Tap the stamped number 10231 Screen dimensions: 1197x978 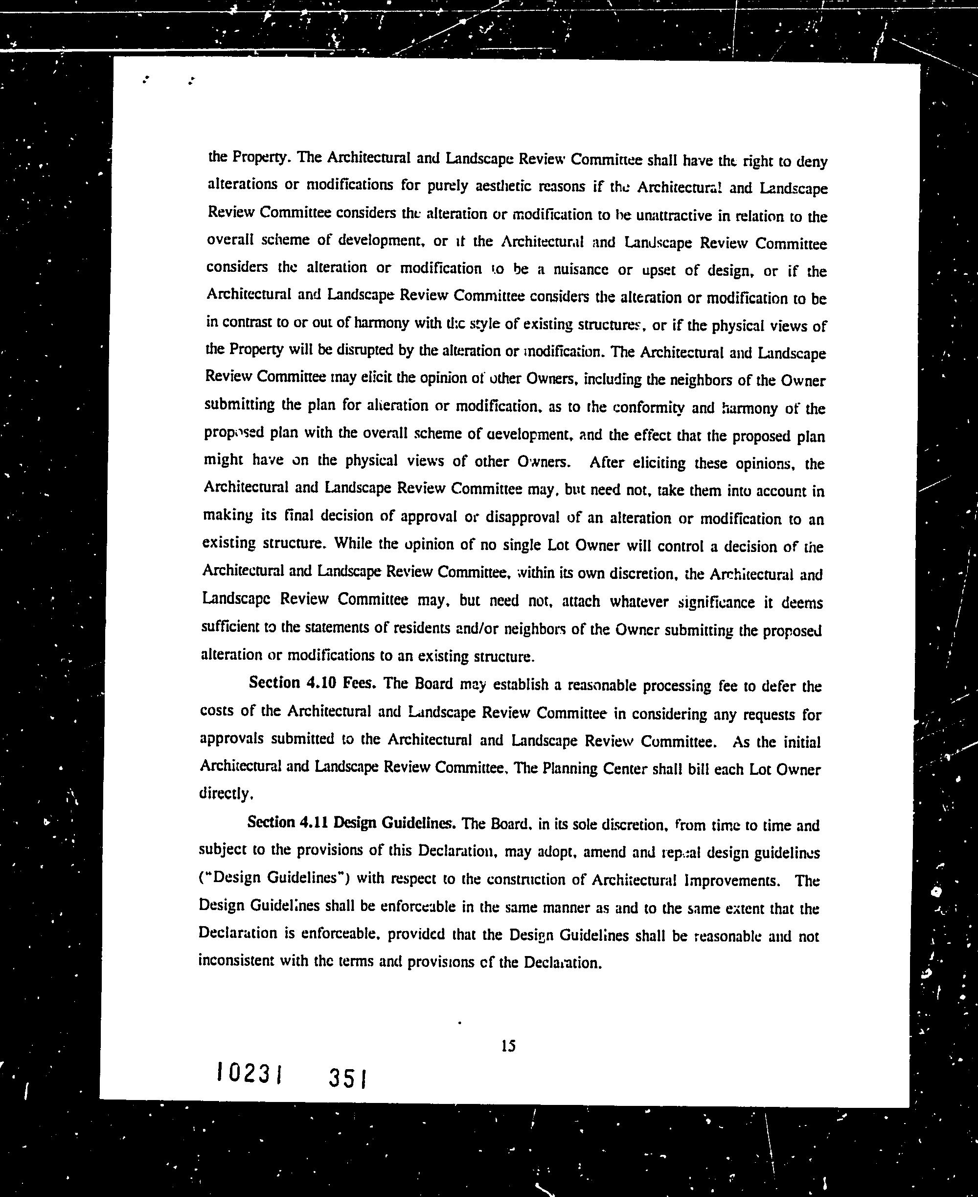click(249, 1073)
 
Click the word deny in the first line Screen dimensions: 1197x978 click(811, 163)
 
